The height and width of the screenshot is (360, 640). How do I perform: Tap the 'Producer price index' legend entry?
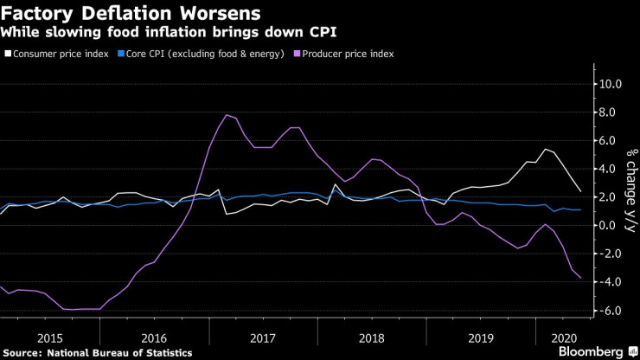346,54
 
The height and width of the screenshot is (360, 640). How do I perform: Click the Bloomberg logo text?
590,351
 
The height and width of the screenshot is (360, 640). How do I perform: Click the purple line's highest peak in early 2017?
227,115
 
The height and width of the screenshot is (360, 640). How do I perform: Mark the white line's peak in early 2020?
544,149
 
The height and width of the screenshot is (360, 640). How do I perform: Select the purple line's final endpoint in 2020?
579,278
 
